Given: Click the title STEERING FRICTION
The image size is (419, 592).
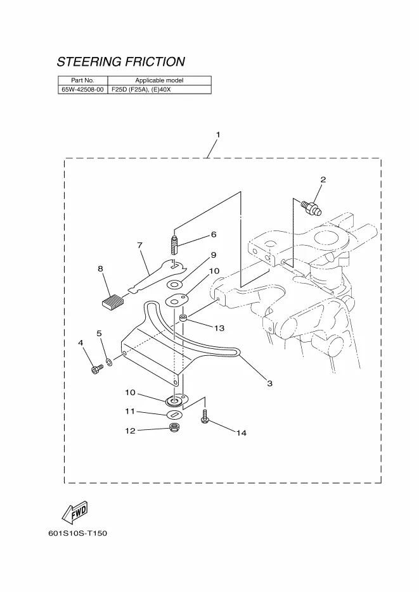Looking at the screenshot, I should [120, 62].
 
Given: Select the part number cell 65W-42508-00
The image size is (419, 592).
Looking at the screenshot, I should [82, 90].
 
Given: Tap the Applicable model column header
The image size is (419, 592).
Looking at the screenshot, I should [159, 80].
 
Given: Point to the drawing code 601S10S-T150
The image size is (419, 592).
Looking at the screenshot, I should [77, 534].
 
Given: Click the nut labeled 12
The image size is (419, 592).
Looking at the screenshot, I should [174, 430].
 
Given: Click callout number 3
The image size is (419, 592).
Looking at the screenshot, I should [269, 384].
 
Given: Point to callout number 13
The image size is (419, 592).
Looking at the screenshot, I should [219, 328].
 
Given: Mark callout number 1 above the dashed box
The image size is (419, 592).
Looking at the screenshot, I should [217, 135].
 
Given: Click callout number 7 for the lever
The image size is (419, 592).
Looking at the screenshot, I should [139, 244].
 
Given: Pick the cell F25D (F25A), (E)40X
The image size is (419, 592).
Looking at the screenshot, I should [141, 90].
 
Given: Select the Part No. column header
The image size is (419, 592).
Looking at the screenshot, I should [82, 80].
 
